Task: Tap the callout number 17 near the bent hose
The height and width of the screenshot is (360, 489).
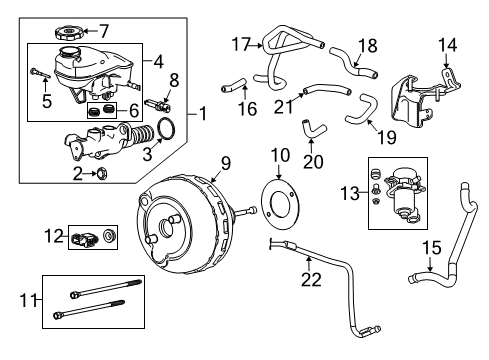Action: point(240,43)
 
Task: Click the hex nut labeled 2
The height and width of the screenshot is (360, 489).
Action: point(102,173)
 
